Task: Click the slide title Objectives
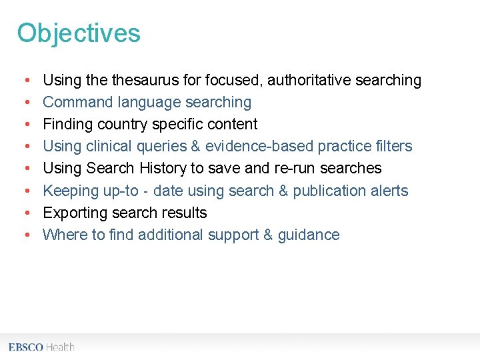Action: point(79,33)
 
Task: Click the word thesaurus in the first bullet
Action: point(145,81)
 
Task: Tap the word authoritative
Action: point(309,81)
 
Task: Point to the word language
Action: point(149,103)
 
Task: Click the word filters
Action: point(393,147)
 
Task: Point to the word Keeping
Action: point(71,191)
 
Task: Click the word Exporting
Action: point(75,213)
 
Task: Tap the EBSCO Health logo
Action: point(41,347)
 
